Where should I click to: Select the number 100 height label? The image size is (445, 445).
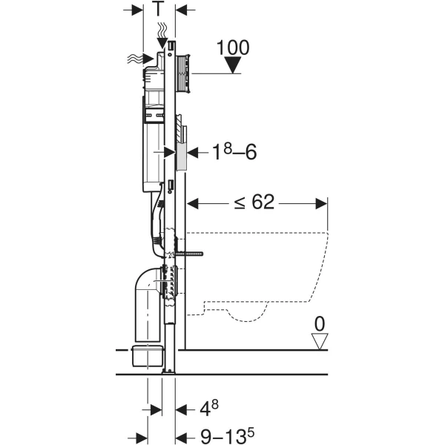(233, 47)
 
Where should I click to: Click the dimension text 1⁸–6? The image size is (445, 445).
(234, 151)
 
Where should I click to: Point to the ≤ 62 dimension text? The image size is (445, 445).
(254, 202)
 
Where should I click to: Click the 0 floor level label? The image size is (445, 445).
(320, 324)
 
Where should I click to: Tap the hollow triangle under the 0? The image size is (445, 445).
(320, 341)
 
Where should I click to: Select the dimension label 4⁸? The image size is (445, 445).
(209, 409)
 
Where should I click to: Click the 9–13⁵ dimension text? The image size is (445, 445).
(228, 436)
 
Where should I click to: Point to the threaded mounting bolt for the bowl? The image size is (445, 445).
(188, 254)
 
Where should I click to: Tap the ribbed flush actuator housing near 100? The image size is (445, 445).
(182, 73)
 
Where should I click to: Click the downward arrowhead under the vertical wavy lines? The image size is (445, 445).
(162, 42)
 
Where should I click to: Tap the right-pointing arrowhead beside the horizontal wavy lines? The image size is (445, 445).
(148, 59)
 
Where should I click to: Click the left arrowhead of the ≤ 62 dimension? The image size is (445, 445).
(192, 203)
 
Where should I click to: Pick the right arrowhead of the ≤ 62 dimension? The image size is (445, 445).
(322, 203)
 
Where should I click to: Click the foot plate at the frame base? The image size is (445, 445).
(168, 372)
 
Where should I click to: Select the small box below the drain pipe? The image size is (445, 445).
(148, 355)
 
